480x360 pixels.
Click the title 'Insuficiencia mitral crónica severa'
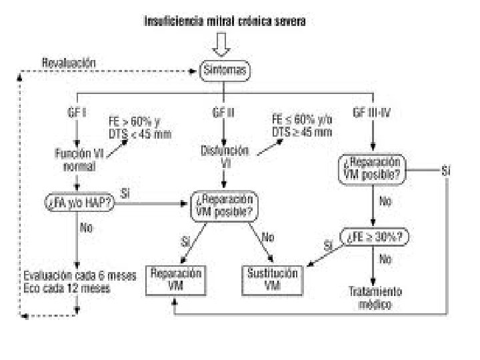point(225,21)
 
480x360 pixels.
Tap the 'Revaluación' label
point(69,63)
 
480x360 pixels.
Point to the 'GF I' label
point(78,113)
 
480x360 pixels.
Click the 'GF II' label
point(223,113)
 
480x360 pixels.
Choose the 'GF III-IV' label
point(372,113)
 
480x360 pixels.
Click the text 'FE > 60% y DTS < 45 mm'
point(139,127)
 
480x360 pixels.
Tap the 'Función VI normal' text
point(79,159)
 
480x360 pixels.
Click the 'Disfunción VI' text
point(225,155)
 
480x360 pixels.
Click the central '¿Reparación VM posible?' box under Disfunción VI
point(225,206)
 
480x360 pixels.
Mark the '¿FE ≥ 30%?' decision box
point(375,237)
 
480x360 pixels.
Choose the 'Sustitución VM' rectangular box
point(271,279)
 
